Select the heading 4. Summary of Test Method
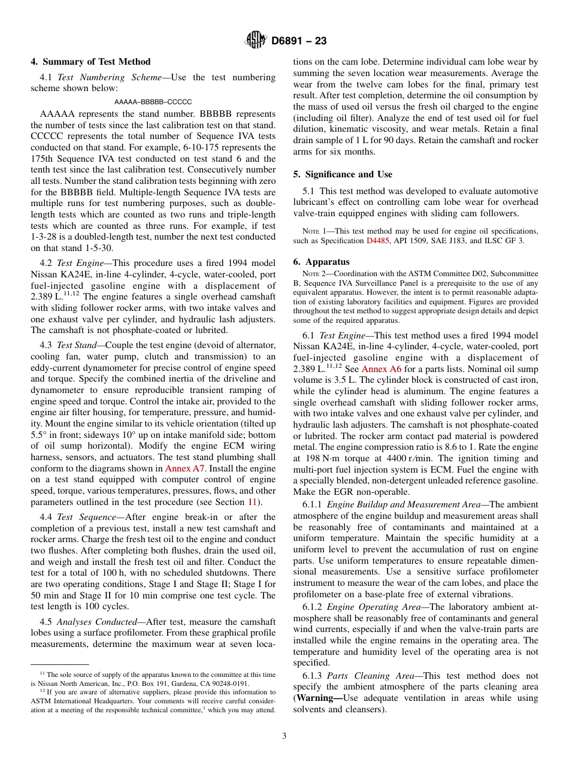[x=90, y=62]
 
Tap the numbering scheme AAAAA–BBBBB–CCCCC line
[x=153, y=102]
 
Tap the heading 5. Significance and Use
[x=343, y=174]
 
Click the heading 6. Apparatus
[x=321, y=262]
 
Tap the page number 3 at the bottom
[x=284, y=736]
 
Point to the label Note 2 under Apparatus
[x=310, y=275]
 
